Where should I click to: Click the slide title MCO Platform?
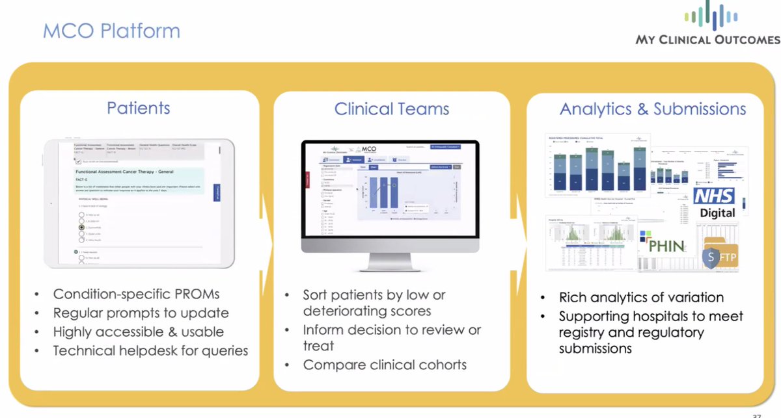pyautogui.click(x=111, y=31)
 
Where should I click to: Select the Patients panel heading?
pyautogui.click(x=139, y=108)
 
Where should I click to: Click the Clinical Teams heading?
pyautogui.click(x=391, y=109)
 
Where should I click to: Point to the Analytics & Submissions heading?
pyautogui.click(x=653, y=109)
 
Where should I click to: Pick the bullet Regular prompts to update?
pyautogui.click(x=141, y=313)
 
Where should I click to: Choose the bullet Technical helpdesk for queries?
pyautogui.click(x=150, y=350)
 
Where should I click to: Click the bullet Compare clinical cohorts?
pyautogui.click(x=385, y=365)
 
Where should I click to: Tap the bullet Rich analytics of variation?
pyautogui.click(x=641, y=298)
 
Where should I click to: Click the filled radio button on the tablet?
pyautogui.click(x=81, y=228)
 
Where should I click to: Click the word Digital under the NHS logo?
pyautogui.click(x=717, y=213)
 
